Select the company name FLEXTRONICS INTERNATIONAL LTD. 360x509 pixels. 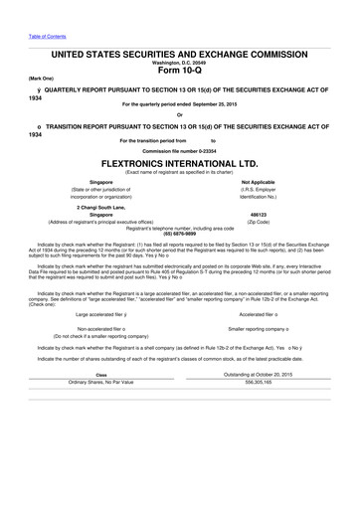pos(179,157)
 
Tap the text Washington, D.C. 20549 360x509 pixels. pos(179,61)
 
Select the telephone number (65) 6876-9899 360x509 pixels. pos(179,232)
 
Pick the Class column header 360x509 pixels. pos(100,402)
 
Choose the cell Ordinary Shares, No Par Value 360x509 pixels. pos(100,409)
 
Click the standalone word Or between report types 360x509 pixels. pos(179,114)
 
